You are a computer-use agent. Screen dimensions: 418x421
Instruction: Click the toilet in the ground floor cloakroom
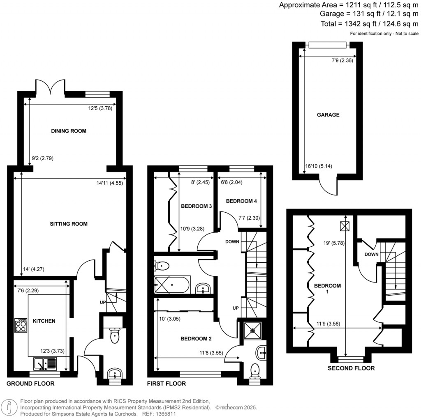115,336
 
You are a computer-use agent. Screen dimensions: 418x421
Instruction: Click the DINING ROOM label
69,131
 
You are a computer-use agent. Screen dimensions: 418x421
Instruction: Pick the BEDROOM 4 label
241,201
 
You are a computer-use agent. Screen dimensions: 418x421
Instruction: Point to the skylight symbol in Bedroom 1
345,225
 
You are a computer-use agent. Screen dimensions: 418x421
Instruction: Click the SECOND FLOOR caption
351,368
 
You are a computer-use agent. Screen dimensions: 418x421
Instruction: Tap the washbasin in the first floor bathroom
203,289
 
